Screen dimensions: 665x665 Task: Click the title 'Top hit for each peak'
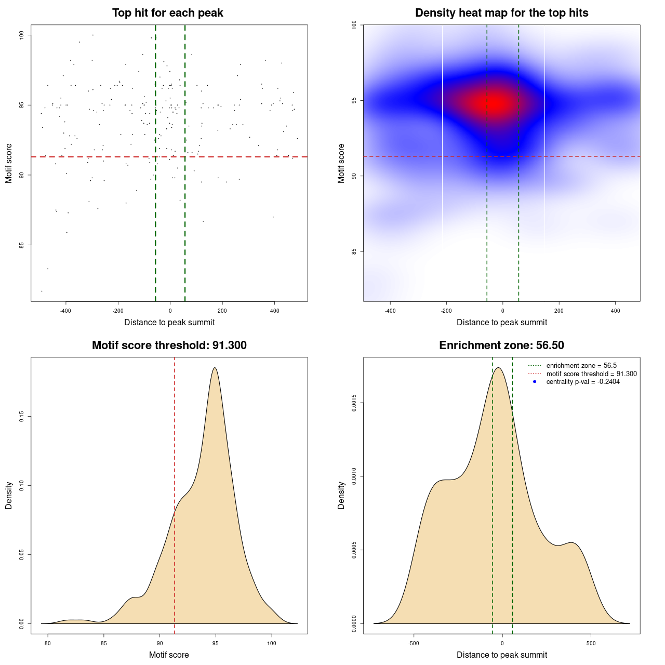pos(167,13)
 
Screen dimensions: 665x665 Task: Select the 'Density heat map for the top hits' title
pos(501,13)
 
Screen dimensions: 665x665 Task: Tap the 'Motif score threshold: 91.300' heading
pos(169,345)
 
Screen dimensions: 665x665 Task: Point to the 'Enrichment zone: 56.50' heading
pos(501,345)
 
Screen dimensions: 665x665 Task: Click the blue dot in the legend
pos(535,382)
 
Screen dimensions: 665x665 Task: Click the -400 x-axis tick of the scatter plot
pos(65,311)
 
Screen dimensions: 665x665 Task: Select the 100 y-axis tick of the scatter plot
pos(22,35)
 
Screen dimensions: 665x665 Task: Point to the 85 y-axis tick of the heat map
pos(354,251)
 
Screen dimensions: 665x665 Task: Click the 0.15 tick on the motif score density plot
pos(22,417)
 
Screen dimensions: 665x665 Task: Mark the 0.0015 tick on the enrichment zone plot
pos(354,403)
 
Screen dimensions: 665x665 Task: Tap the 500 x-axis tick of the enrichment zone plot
pos(591,643)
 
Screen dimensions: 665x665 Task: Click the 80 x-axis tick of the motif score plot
pos(48,643)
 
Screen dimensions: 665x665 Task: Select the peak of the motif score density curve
pos(215,368)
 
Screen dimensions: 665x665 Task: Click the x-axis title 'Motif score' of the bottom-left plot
pos(169,655)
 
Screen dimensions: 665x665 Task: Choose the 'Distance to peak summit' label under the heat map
pos(501,322)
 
